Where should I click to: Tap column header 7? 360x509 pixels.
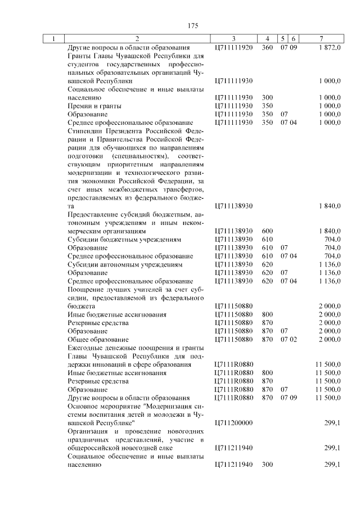320,39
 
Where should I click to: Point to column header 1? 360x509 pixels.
53,39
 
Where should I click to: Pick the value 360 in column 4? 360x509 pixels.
267,48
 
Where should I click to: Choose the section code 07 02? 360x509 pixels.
289,340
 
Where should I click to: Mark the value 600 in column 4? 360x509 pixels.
267,231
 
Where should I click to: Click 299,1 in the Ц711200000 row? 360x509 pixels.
332,422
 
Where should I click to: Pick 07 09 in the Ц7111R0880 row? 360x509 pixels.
289,398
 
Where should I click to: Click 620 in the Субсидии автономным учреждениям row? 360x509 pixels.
267,264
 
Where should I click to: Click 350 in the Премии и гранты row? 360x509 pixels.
267,106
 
